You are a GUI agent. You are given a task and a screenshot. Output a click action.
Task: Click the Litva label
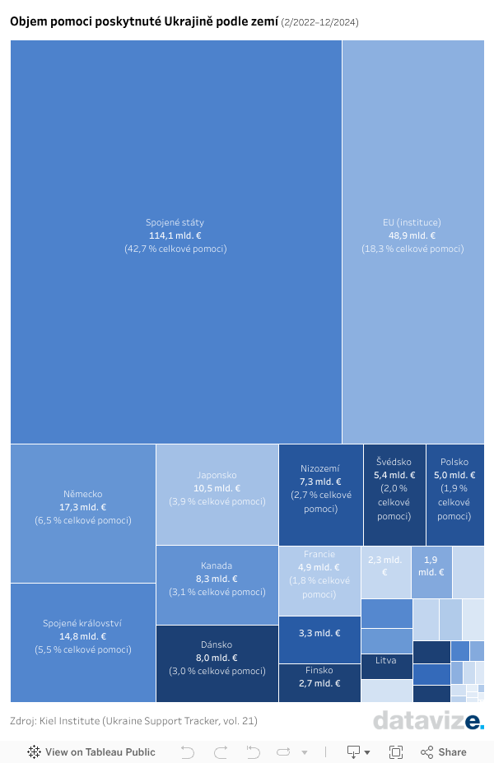point(386,661)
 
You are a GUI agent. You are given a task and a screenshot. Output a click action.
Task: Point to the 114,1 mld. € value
point(175,235)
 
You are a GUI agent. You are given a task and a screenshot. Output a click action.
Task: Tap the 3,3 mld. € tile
point(319,633)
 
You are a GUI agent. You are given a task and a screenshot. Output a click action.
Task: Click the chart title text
point(144,21)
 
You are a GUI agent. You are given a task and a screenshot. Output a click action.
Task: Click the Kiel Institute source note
point(134,721)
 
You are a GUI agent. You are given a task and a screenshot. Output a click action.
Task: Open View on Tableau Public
point(91,751)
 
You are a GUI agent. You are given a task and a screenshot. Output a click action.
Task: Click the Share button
point(444,751)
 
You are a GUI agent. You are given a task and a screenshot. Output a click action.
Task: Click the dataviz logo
point(428,720)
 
